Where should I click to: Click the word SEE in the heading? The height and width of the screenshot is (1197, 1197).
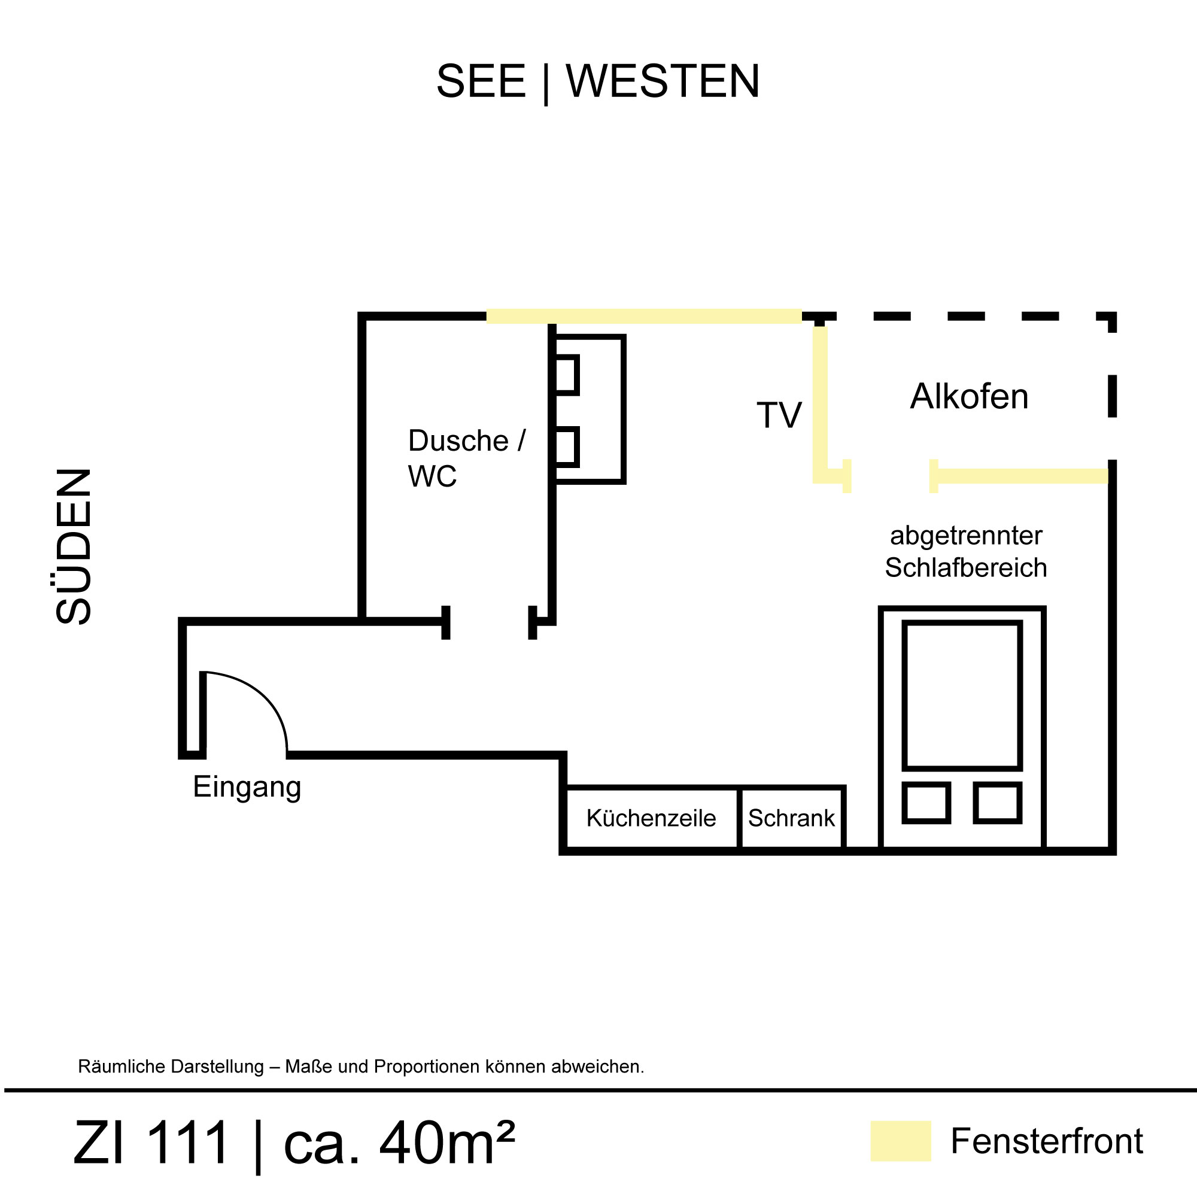click(481, 81)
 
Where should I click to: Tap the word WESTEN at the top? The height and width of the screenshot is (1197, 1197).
click(663, 81)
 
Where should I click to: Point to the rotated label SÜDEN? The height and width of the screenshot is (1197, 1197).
click(74, 546)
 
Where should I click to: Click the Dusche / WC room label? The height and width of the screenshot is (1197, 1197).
click(466, 458)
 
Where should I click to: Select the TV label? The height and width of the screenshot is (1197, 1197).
click(779, 415)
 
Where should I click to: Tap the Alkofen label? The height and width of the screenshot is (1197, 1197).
click(969, 397)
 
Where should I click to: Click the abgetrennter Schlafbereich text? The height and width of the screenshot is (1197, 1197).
click(965, 551)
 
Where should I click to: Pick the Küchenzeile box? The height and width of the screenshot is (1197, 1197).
click(651, 818)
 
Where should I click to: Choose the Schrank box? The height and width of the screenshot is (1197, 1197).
click(791, 818)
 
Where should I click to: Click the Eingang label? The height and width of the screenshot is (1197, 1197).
click(247, 787)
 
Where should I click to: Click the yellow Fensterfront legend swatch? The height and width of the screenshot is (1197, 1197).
click(900, 1141)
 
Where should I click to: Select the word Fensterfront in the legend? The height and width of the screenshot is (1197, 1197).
click(1046, 1141)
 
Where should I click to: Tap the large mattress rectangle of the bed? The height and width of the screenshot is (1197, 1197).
click(962, 695)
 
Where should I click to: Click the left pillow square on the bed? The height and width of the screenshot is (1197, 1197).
click(926, 803)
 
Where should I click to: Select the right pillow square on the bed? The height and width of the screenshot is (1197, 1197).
click(998, 803)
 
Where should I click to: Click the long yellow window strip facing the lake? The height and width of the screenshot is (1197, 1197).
click(644, 316)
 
